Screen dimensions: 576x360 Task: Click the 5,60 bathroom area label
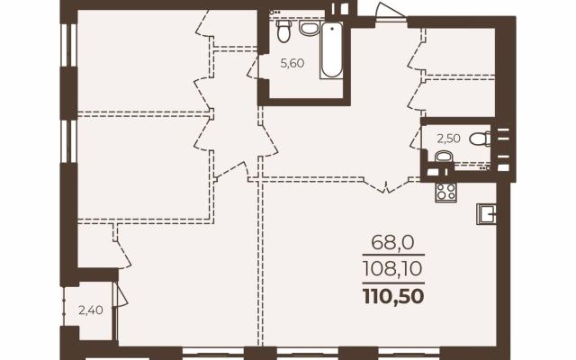point(292,64)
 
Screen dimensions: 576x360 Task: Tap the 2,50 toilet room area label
point(448,139)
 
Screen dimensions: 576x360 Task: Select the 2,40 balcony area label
point(91,310)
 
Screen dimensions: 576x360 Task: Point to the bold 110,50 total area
point(393,296)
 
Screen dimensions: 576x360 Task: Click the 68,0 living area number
point(392,242)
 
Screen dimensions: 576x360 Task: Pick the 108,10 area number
point(392,268)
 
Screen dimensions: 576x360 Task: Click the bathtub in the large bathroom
point(331,50)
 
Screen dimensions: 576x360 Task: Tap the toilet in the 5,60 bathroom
point(283,31)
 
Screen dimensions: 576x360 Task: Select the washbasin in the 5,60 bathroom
point(309,28)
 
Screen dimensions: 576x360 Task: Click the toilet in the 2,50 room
point(480,139)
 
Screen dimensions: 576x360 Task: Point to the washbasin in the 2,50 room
point(444,157)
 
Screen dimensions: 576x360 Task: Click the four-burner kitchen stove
point(446,192)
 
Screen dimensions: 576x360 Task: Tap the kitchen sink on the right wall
point(486,214)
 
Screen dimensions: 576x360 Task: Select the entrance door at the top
point(390,12)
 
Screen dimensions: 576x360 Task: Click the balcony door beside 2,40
point(121,294)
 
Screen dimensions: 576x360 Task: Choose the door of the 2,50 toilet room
point(417,138)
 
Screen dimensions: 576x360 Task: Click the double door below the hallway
point(386,185)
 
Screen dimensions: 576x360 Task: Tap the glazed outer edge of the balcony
point(64,306)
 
